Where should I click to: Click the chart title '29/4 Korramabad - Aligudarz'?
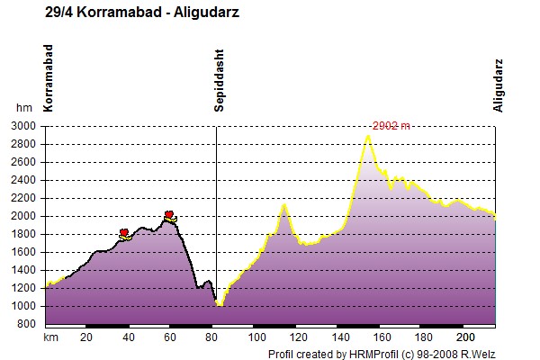coord(142,13)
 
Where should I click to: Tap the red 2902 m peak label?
coord(391,126)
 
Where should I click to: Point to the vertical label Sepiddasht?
coord(219,81)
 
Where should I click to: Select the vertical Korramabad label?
coord(49,78)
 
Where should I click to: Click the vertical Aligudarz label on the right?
coord(498,85)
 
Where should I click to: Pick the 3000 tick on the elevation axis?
coord(23,126)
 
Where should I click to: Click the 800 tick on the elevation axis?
coord(26,324)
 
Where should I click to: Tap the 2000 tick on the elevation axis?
coord(23,216)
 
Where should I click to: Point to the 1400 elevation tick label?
coord(23,270)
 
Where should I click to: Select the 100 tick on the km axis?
coord(256,337)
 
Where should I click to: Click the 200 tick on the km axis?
coord(465,337)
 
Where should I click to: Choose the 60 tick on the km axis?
coord(170,337)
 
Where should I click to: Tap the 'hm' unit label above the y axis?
coord(24,108)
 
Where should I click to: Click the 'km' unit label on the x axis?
coord(50,337)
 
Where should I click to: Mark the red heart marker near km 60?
coord(169,214)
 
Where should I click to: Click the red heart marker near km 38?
coord(124,232)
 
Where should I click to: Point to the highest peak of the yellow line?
coord(368,136)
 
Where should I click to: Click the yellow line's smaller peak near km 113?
coord(284,205)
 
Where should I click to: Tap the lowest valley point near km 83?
coord(220,304)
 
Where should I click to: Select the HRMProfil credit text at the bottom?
coord(382,354)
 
